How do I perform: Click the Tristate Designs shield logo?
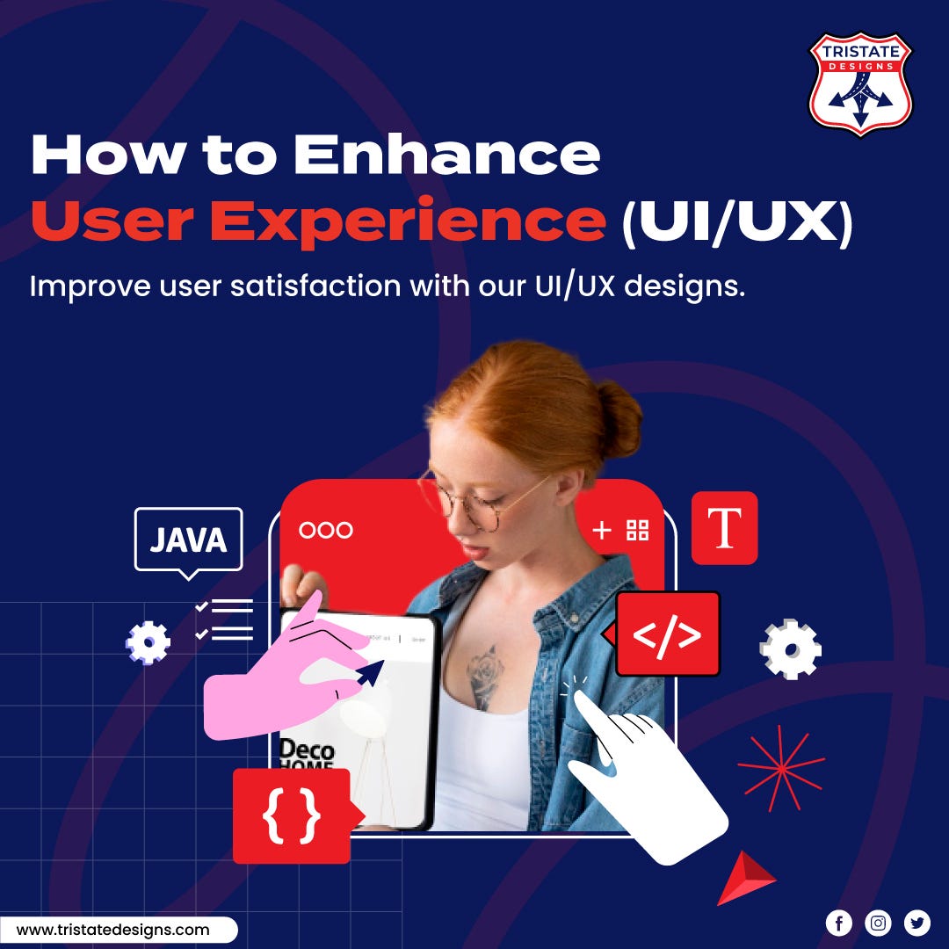pyautogui.click(x=860, y=83)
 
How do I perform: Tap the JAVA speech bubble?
pyautogui.click(x=188, y=540)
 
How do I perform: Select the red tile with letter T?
pyautogui.click(x=724, y=528)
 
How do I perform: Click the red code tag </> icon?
pyautogui.click(x=668, y=634)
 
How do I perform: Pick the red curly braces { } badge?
pyautogui.click(x=291, y=816)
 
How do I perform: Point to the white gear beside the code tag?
pyautogui.click(x=790, y=649)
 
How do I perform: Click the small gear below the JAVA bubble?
pyautogui.click(x=148, y=641)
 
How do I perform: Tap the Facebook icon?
pyautogui.click(x=838, y=923)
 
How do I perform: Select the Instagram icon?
pyautogui.click(x=878, y=923)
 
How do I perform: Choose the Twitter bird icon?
pyautogui.click(x=916, y=923)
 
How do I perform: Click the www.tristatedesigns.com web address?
pyautogui.click(x=113, y=930)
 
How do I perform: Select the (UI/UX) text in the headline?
pyautogui.click(x=736, y=222)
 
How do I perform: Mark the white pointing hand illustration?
pyautogui.click(x=650, y=782)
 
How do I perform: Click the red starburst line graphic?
pyautogui.click(x=779, y=767)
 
